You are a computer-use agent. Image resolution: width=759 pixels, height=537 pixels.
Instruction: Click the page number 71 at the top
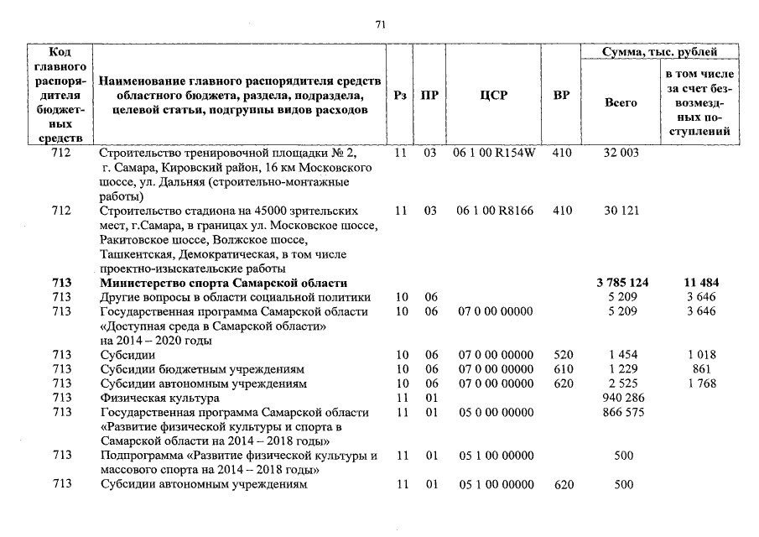pyautogui.click(x=379, y=24)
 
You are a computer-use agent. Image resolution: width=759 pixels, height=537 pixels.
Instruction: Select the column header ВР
pyautogui.click(x=561, y=96)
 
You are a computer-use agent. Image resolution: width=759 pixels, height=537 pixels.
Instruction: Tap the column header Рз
pyautogui.click(x=400, y=96)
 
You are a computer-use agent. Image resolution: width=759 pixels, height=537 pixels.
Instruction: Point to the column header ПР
pyautogui.click(x=429, y=96)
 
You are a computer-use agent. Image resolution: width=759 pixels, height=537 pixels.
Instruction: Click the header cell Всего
pyautogui.click(x=621, y=102)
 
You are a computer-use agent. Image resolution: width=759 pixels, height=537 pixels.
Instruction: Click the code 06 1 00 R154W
pyautogui.click(x=494, y=153)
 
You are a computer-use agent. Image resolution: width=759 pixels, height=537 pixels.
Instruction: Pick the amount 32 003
pyautogui.click(x=621, y=153)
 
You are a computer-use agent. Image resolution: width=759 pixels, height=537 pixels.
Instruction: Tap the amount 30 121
pyautogui.click(x=621, y=211)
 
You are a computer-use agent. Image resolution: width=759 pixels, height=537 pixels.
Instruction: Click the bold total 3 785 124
pyautogui.click(x=621, y=283)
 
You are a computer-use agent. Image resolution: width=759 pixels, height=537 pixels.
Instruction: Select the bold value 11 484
pyautogui.click(x=701, y=283)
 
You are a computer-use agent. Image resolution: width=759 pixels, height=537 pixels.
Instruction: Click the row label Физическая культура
pyautogui.click(x=159, y=398)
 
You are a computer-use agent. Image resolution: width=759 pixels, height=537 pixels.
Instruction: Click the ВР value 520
pyautogui.click(x=563, y=355)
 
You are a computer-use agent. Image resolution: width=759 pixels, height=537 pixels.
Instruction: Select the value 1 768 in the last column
pyautogui.click(x=701, y=383)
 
